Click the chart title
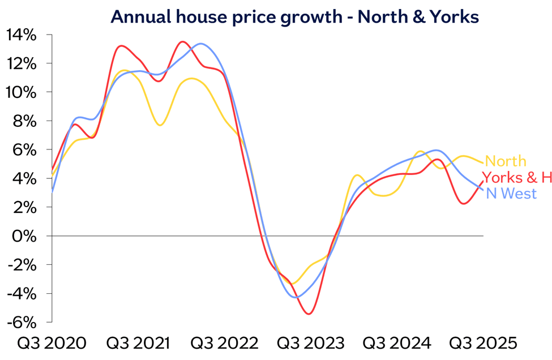coord(294,17)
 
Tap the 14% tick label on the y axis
coord(22,35)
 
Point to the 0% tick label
coord(26,235)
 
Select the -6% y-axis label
coord(23,322)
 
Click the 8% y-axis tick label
coord(26,121)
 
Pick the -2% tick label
coord(23,264)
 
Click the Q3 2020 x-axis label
coord(52,344)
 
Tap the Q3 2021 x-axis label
coord(138,344)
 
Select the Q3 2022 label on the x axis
coord(225,344)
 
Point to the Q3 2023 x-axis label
coord(311,344)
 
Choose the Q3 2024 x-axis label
coord(397,344)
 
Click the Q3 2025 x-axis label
coord(483,344)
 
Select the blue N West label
coord(511,194)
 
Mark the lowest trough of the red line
coord(310,314)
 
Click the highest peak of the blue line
coord(202,44)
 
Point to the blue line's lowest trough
coord(296,297)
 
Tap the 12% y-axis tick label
coord(22,63)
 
